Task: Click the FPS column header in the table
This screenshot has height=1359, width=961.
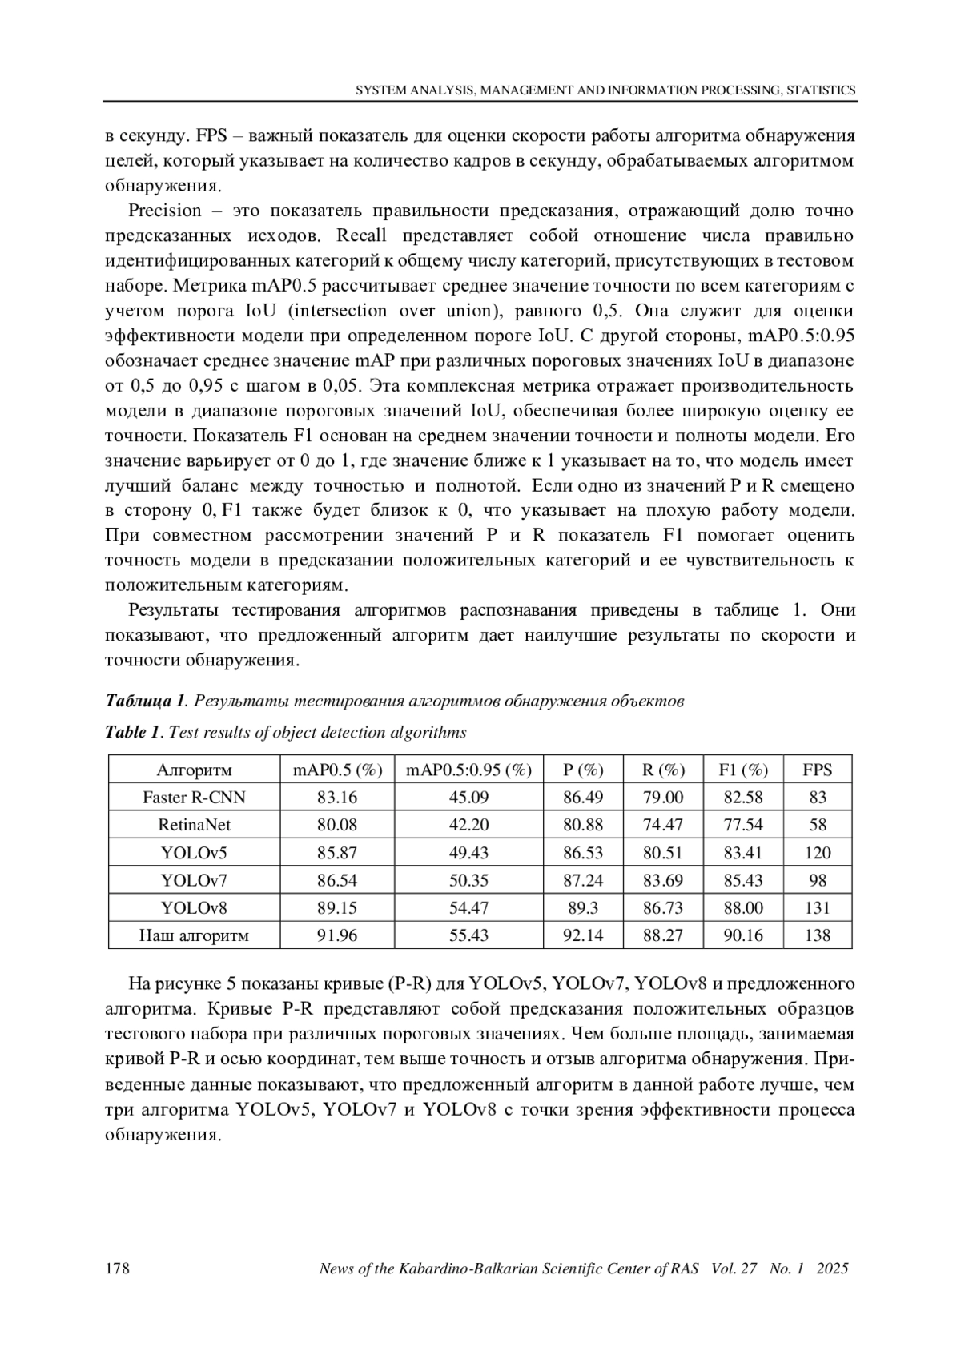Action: tap(817, 770)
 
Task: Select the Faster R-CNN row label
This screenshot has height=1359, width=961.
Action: tap(194, 798)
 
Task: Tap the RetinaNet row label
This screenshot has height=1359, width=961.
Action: tap(194, 825)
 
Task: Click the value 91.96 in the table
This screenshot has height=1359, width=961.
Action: tap(337, 935)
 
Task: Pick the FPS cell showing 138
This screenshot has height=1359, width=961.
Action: tap(817, 935)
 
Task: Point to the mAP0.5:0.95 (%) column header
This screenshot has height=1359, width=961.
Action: tap(468, 770)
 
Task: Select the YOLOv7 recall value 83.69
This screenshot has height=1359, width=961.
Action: tap(663, 881)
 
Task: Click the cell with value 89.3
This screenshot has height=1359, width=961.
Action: tap(583, 908)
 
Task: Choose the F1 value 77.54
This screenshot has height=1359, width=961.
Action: tap(743, 825)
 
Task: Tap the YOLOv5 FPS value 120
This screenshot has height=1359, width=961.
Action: tap(817, 853)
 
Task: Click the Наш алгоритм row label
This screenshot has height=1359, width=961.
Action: tap(194, 935)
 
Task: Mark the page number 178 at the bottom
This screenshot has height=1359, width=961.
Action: tap(118, 1269)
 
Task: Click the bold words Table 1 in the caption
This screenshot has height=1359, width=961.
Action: tap(133, 733)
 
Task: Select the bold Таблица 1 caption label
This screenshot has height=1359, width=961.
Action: tap(145, 702)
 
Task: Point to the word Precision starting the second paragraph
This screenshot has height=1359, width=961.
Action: tap(165, 211)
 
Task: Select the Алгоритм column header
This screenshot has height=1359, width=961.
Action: tap(194, 770)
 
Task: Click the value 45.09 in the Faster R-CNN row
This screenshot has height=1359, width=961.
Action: tap(468, 798)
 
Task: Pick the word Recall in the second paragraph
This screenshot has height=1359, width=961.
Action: tap(361, 236)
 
